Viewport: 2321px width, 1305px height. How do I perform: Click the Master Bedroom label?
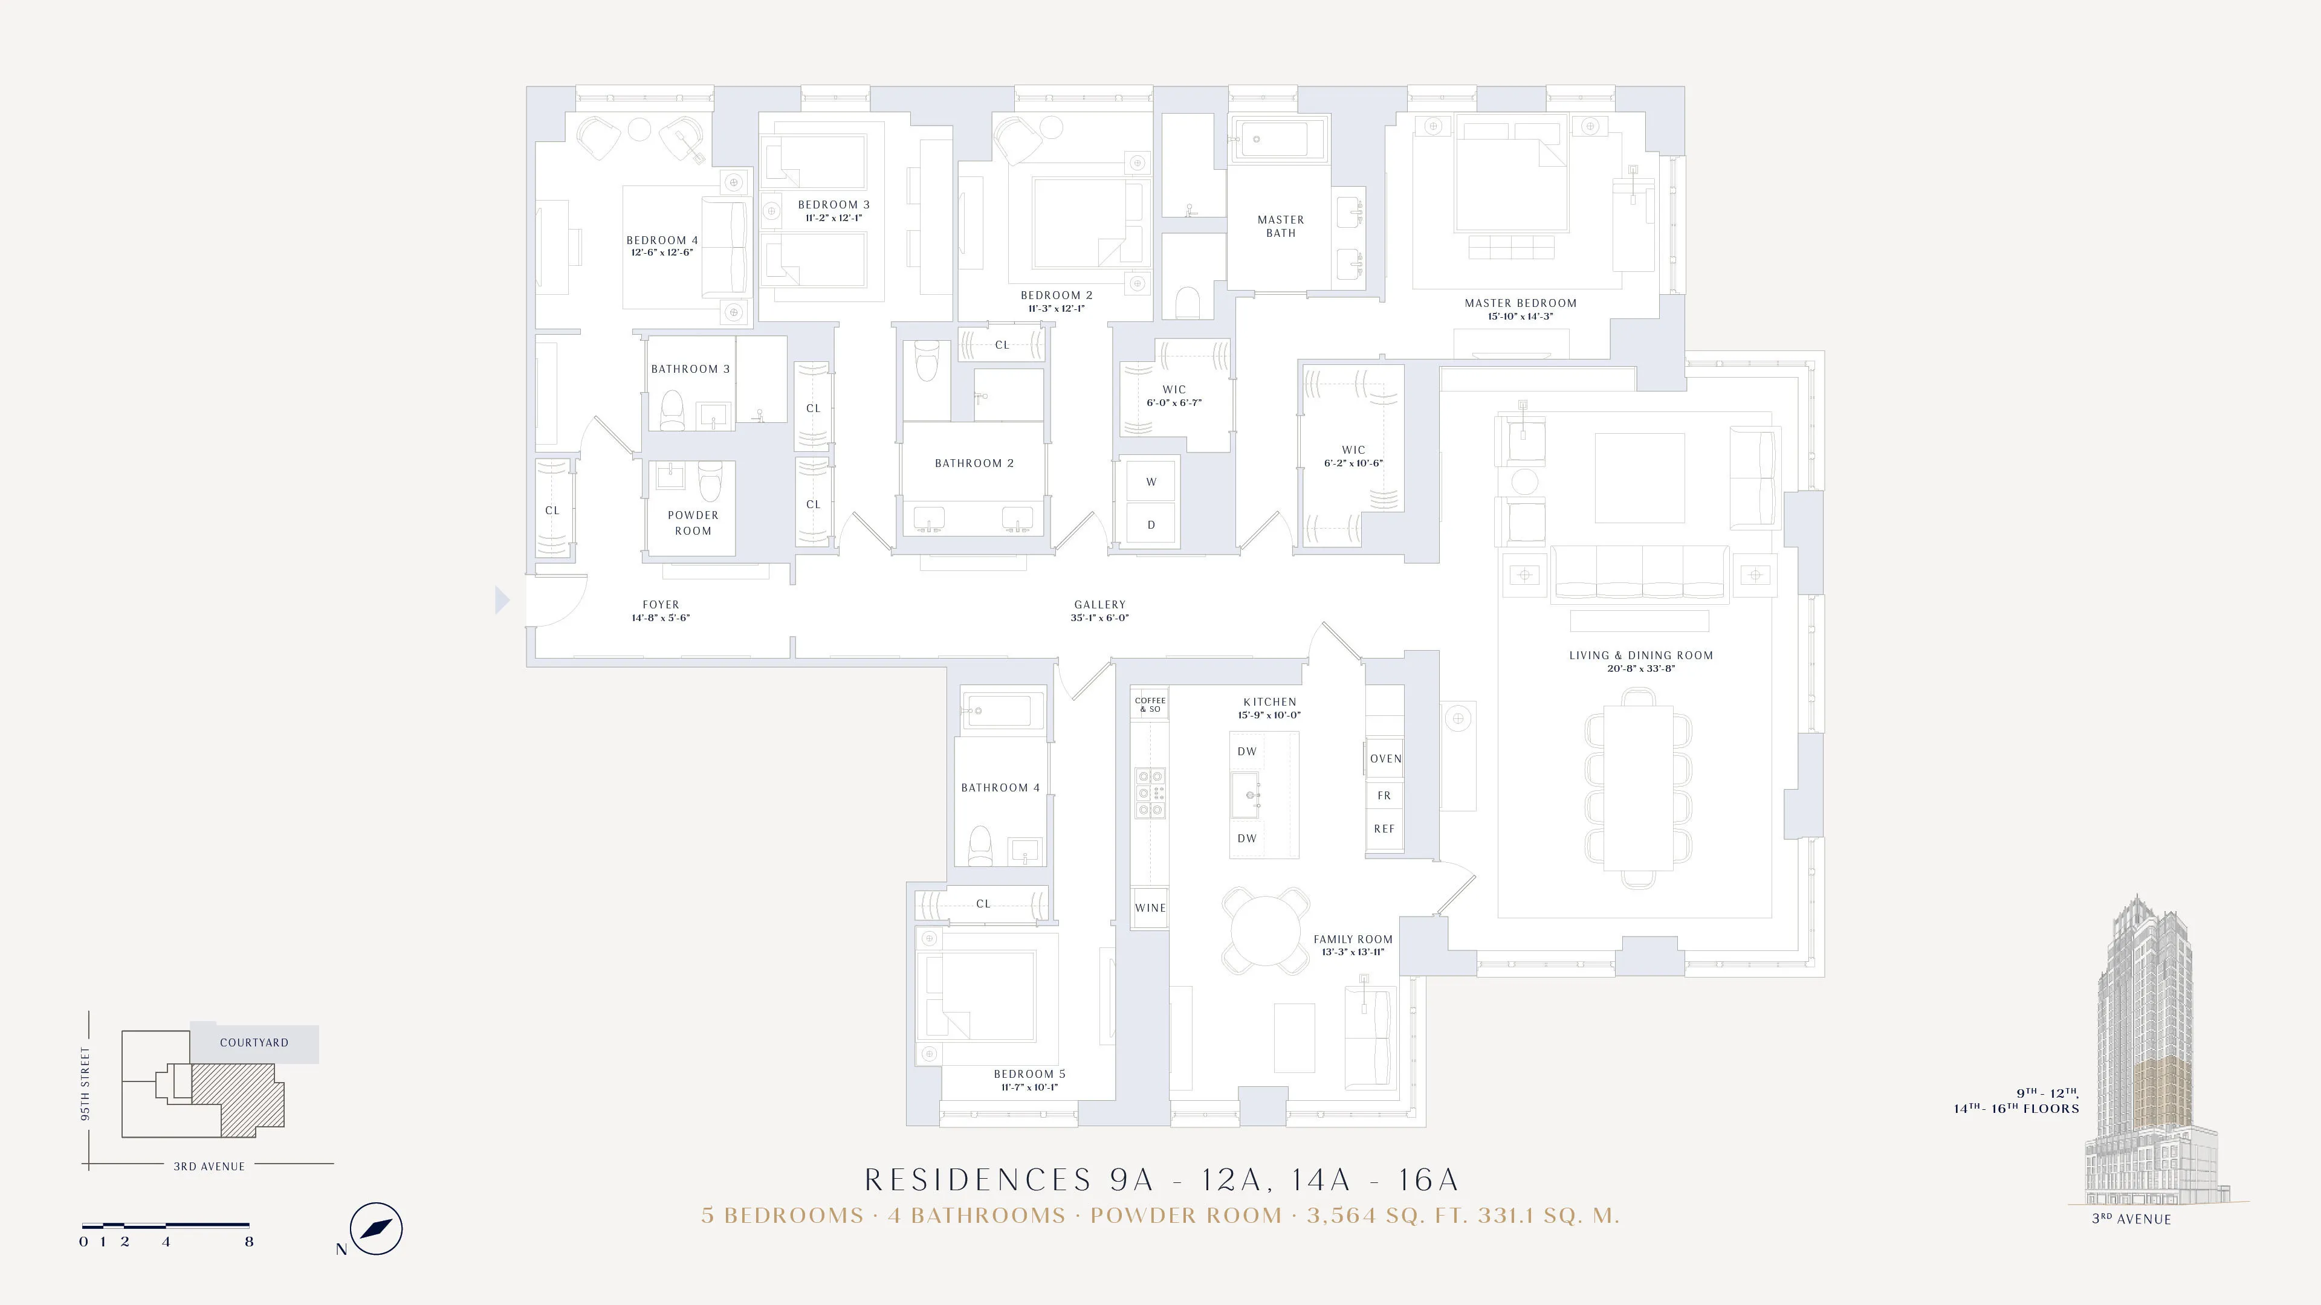coord(1520,303)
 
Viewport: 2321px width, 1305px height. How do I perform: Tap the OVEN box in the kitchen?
coord(1385,758)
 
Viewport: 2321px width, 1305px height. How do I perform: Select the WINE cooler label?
coord(1150,908)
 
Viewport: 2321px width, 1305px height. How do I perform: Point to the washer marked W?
coord(1151,482)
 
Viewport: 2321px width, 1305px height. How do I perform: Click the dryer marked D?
coord(1151,525)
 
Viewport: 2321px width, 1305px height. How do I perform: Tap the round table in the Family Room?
coord(1265,931)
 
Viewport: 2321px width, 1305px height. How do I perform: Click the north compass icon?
coord(376,1228)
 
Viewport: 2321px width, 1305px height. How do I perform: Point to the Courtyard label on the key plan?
coord(254,1043)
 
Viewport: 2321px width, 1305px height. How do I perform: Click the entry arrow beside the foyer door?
coord(502,600)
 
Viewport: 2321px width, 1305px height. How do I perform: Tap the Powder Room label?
coord(693,523)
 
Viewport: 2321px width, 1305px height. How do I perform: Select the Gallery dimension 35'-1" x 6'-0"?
coord(1099,618)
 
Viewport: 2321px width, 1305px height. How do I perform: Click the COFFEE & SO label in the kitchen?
coord(1150,704)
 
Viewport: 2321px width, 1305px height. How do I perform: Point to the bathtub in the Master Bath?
coord(1280,140)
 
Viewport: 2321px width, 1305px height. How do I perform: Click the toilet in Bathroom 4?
coord(979,846)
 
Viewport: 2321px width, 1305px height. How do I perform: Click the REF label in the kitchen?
coord(1384,828)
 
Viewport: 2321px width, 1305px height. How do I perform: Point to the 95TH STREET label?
coord(86,1083)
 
